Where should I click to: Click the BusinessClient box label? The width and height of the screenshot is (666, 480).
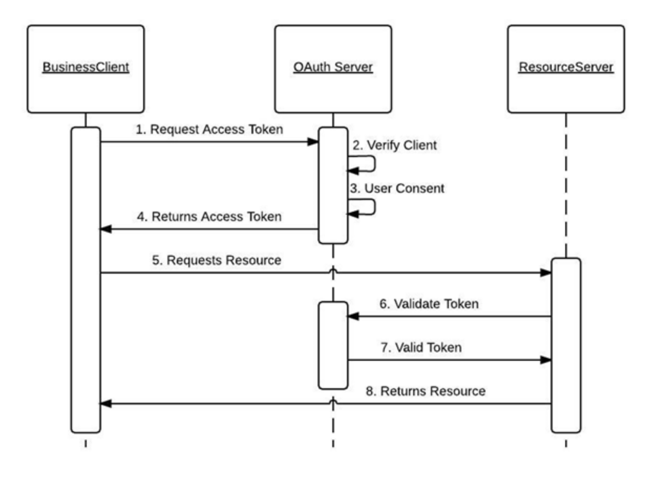coord(86,68)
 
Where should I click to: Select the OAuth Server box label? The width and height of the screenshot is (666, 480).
coord(333,68)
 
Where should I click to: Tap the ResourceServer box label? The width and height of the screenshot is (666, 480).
coord(566,68)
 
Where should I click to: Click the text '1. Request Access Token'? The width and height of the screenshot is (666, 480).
coord(209,130)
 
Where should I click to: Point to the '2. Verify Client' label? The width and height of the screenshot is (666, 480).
coord(394,145)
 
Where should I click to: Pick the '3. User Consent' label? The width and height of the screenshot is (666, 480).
coord(397,188)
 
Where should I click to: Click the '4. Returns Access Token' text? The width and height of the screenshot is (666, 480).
coord(209,216)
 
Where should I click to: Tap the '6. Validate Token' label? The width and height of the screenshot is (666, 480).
coord(429,304)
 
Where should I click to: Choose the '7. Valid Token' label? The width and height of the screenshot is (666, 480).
coord(421,347)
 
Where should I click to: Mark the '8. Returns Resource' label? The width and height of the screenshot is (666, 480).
coord(425,391)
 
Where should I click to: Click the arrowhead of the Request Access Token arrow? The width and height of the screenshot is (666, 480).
coord(313,142)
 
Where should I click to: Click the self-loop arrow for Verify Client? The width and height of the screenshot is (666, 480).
coord(367,163)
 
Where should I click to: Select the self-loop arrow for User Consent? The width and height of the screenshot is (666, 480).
coord(367,207)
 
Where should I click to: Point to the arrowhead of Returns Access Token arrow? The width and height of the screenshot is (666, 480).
coord(105,229)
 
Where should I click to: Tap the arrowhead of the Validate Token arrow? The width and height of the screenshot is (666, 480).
coord(353,317)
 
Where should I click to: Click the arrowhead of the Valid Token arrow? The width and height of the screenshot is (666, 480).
coord(546,360)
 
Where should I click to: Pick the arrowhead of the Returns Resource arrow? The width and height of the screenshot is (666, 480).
coord(105,404)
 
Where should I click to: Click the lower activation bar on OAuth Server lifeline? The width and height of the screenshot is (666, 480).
coord(333,345)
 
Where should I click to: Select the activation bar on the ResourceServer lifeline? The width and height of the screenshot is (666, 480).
coord(566,345)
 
